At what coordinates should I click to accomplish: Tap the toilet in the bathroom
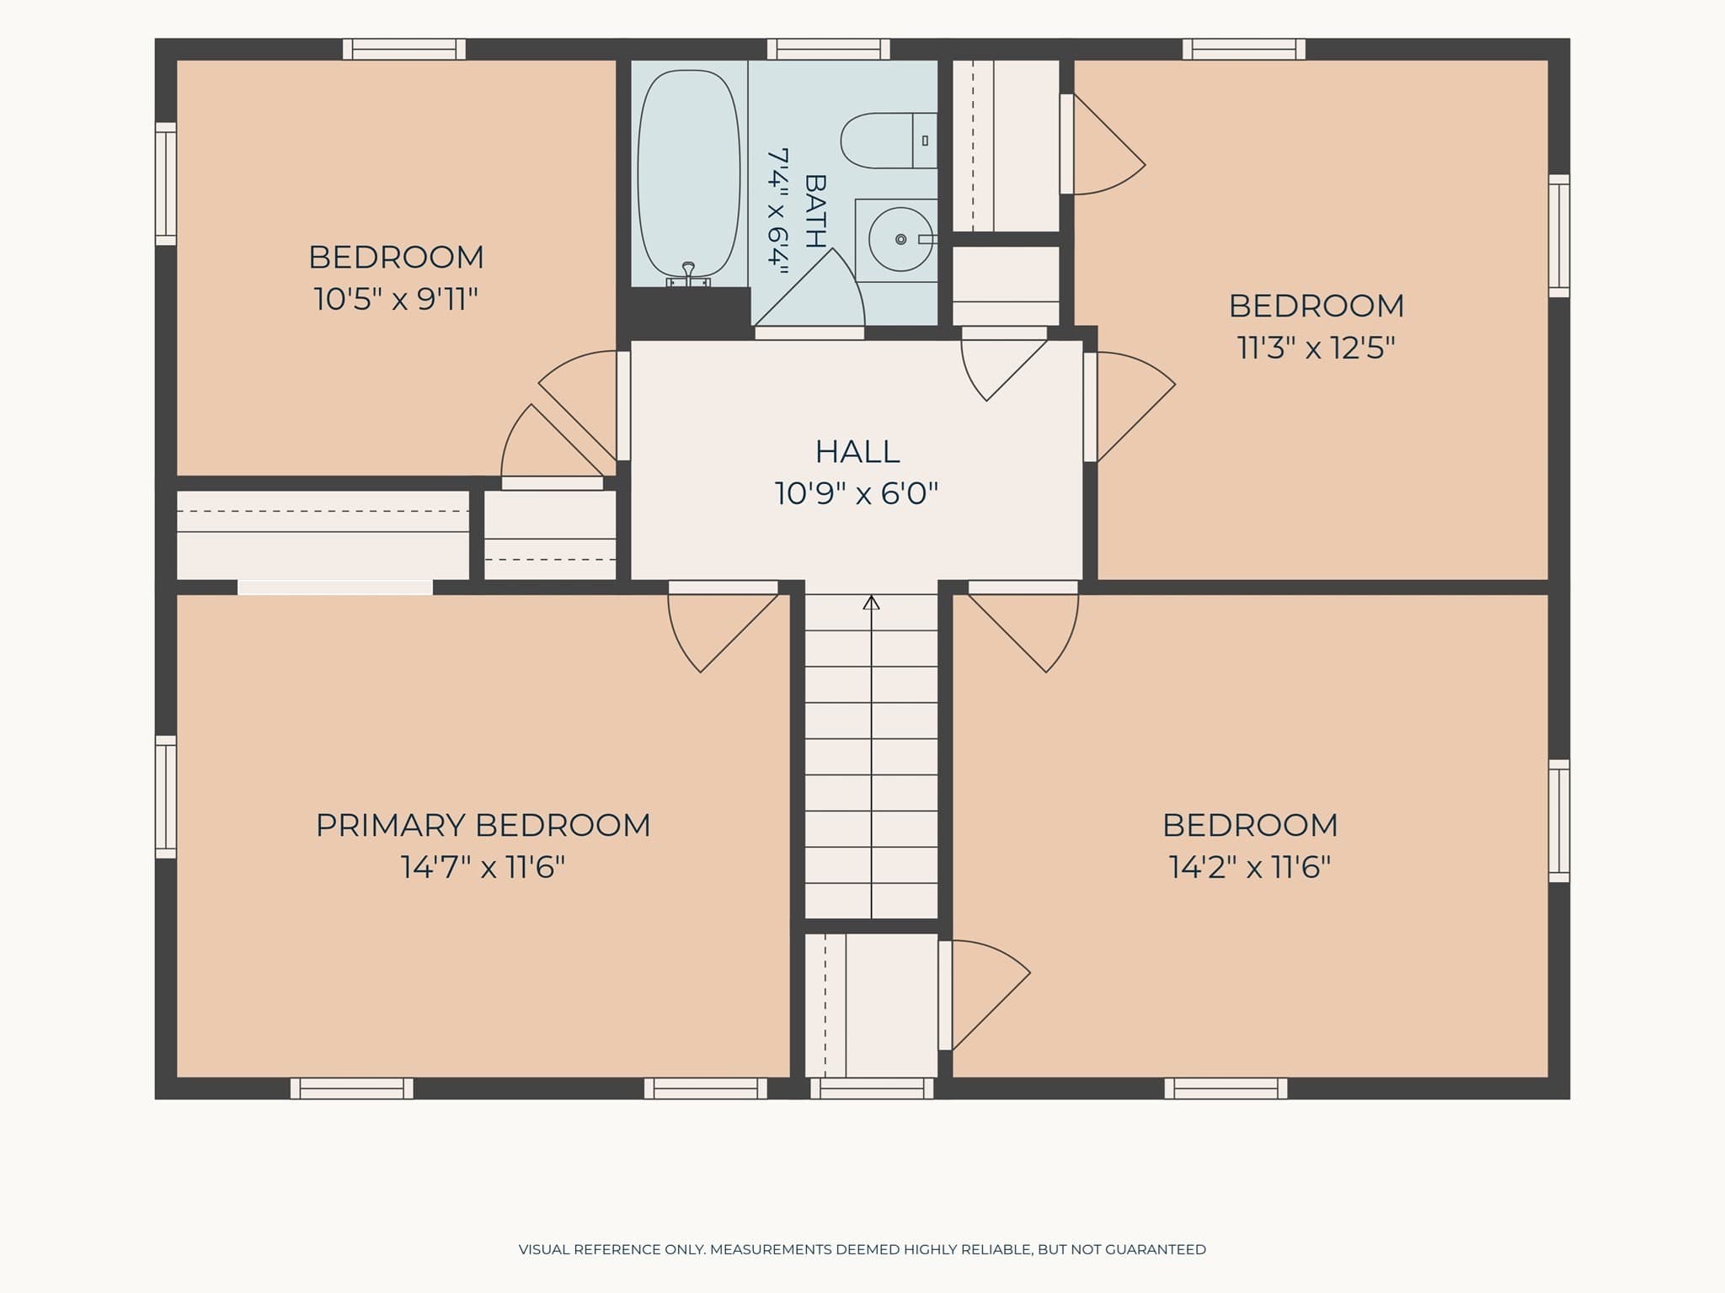point(889,141)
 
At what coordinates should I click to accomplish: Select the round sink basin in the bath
point(900,240)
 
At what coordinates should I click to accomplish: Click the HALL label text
point(857,452)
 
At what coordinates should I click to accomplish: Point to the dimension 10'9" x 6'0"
point(857,492)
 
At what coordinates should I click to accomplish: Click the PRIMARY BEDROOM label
point(483,825)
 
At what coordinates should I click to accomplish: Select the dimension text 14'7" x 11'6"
point(483,866)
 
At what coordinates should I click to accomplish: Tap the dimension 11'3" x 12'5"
point(1316,347)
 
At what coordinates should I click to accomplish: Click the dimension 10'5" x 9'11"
point(396,298)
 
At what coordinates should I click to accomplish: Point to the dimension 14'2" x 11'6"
point(1250,866)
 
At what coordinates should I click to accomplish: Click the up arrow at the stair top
point(871,603)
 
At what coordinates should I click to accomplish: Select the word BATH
point(814,210)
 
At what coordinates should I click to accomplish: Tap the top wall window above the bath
point(829,49)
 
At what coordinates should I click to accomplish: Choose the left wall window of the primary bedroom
point(166,797)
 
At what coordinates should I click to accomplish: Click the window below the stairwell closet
point(872,1088)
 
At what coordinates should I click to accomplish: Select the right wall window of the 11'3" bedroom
point(1560,236)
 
